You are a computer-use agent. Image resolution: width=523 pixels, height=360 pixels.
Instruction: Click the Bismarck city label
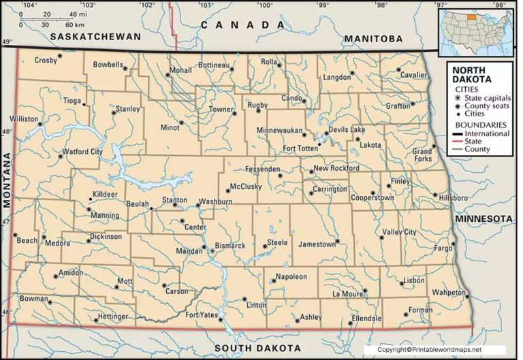coord(230,245)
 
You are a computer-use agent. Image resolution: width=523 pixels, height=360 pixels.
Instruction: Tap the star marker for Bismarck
coord(212,251)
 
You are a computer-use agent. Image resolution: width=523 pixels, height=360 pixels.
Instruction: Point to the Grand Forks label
coord(422,154)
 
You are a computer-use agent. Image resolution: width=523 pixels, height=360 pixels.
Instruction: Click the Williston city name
coord(23,118)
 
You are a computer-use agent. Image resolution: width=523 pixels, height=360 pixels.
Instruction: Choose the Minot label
coord(170,127)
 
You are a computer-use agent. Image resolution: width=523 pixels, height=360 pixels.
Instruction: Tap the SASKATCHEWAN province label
coord(99,36)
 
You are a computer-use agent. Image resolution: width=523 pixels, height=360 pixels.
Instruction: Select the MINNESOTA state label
coord(484,218)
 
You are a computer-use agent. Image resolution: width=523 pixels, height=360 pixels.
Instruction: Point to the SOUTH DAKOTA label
coord(257,348)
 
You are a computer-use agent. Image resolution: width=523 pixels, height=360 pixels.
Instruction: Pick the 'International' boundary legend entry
coord(490,134)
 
